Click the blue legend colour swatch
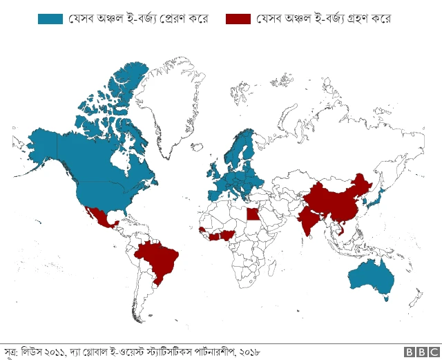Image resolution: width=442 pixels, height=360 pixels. [50, 19]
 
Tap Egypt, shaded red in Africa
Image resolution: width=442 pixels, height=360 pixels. [254, 213]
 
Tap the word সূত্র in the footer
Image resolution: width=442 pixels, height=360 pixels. [11, 352]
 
